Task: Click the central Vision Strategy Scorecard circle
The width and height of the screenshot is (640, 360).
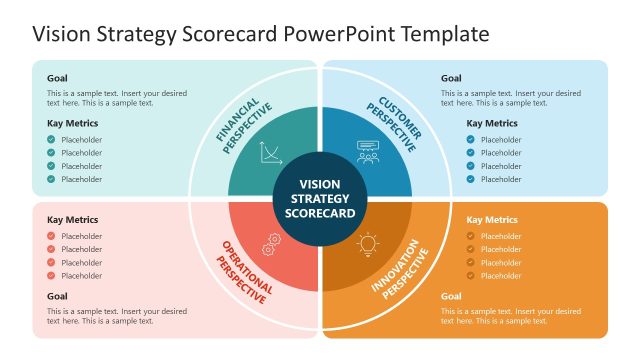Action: coord(320,198)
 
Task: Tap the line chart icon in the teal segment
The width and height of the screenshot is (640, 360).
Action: coord(270,153)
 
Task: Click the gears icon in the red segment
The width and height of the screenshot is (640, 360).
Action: coord(270,243)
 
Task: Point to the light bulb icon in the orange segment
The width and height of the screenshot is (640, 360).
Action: coord(368,243)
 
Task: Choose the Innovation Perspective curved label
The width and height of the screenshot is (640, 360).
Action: coord(400,272)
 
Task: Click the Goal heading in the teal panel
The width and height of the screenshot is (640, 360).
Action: coord(58,78)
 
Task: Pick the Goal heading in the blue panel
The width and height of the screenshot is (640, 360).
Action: coord(451,78)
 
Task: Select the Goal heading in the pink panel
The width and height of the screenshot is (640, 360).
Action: coord(58,296)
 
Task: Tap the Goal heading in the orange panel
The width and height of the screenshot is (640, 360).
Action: coord(451,296)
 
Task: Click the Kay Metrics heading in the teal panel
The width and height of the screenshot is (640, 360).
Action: coord(73,123)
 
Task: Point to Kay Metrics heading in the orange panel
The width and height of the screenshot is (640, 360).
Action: coord(492,220)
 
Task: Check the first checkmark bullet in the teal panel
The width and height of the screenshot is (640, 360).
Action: coord(51,140)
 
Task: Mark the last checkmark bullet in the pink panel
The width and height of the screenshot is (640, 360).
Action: coord(51,275)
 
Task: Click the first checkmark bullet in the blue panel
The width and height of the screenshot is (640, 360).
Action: coord(471,140)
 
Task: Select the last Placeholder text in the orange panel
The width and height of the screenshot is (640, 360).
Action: coord(501,275)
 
